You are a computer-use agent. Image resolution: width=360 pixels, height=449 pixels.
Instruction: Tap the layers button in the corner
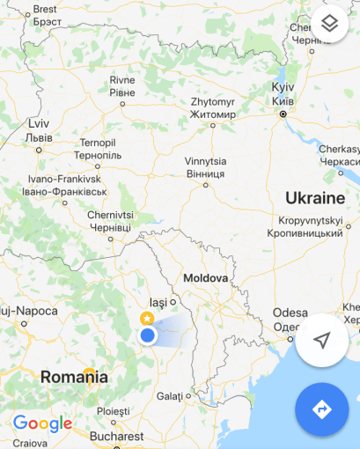click(x=329, y=24)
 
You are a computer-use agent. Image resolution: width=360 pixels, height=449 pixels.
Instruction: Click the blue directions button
click(x=321, y=409)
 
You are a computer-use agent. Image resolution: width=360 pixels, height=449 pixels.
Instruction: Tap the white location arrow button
click(x=322, y=341)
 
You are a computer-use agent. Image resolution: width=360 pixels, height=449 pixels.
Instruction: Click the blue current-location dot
click(x=148, y=335)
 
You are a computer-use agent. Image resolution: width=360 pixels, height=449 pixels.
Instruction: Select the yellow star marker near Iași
click(x=147, y=317)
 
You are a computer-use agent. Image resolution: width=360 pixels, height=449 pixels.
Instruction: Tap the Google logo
click(x=42, y=423)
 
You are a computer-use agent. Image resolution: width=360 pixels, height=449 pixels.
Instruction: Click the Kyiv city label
click(x=283, y=95)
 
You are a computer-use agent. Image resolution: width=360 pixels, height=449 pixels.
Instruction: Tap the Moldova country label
click(x=205, y=278)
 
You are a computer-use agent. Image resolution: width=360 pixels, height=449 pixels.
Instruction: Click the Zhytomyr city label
click(x=212, y=107)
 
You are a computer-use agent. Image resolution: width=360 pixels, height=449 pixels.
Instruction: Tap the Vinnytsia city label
click(x=206, y=167)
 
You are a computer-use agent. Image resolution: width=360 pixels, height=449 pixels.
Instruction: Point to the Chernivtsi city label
click(x=111, y=220)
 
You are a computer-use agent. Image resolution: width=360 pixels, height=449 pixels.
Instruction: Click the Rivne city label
click(x=122, y=85)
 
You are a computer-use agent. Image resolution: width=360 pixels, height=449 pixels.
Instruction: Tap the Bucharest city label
click(x=115, y=436)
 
